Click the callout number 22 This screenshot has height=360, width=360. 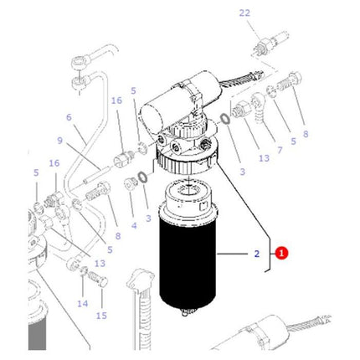[244, 13]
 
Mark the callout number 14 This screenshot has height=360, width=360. [82, 303]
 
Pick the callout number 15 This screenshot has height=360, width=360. [101, 316]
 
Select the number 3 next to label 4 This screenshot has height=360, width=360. [147, 219]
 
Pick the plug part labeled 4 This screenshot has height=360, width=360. [130, 183]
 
